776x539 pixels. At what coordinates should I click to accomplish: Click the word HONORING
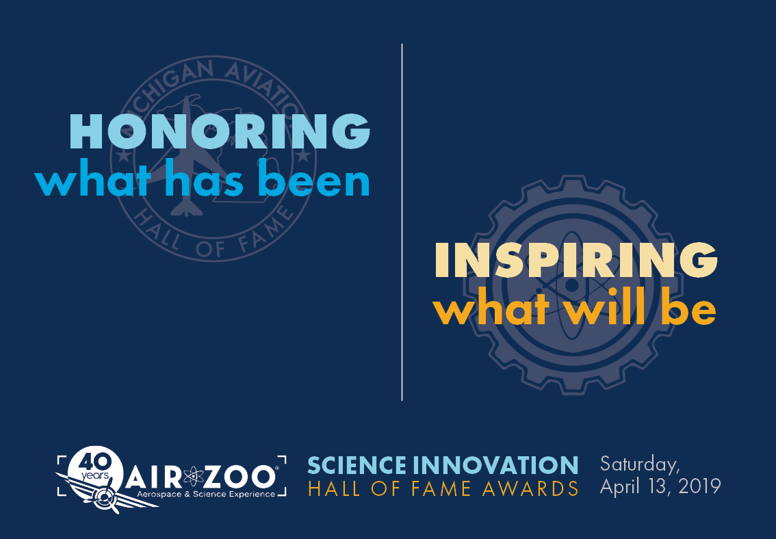220,131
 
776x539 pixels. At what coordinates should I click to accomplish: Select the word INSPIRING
576,260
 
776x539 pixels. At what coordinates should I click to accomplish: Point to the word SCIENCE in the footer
357,465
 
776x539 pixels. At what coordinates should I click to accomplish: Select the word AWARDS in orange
531,488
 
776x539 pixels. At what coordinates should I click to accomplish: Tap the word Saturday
639,465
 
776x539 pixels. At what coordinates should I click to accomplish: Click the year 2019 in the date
699,486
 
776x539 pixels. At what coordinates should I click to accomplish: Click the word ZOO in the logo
240,477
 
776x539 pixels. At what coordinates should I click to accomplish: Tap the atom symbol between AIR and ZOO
194,477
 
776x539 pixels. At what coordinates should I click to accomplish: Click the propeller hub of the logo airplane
105,495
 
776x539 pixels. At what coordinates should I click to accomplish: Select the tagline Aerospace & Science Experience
206,495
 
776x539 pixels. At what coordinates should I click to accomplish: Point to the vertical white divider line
402,222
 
